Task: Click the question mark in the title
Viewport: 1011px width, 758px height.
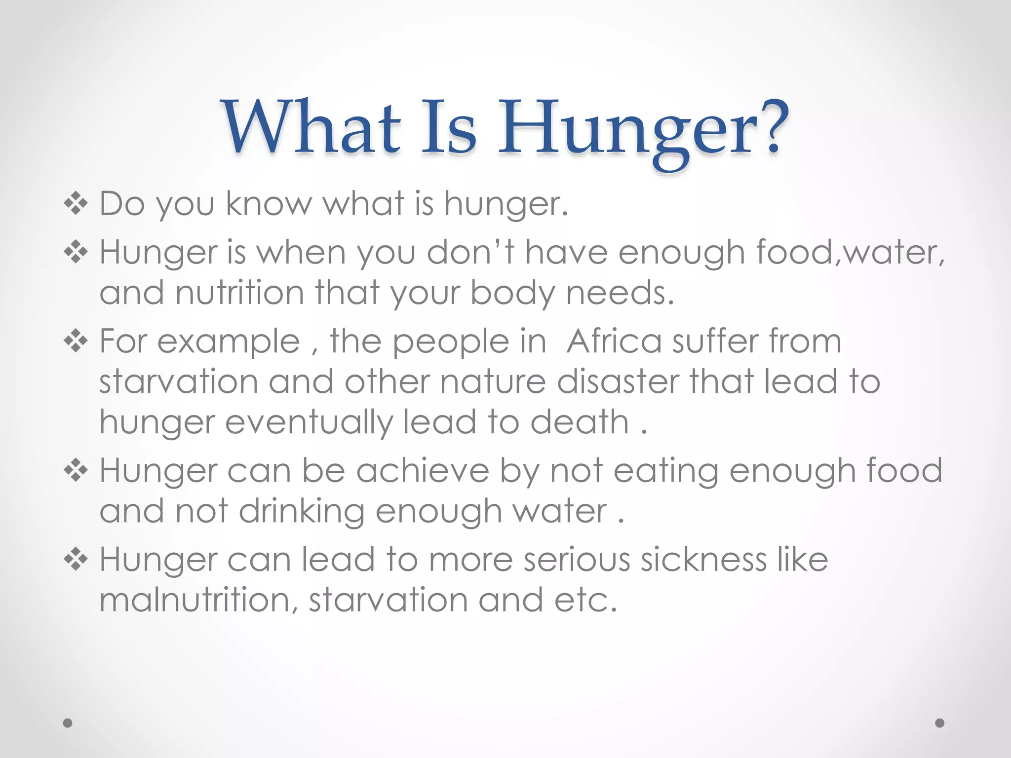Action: [770, 127]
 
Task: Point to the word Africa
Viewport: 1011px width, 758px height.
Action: [614, 341]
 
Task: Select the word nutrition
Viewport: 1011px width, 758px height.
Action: [239, 293]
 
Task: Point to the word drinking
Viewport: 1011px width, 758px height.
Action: [302, 511]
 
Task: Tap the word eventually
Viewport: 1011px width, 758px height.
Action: [309, 422]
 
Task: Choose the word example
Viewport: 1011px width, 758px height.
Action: [229, 341]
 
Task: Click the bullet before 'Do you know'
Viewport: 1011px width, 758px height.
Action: [76, 203]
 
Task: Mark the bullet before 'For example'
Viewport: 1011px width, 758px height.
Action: [76, 341]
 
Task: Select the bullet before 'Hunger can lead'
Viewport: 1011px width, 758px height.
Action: [76, 560]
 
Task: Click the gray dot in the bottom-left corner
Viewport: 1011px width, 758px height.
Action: [68, 723]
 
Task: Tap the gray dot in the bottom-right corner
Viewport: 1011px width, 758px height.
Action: [940, 723]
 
